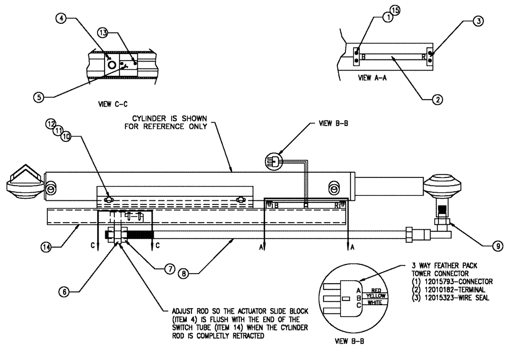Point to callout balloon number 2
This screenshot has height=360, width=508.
(436, 100)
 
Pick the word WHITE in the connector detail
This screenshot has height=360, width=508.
(375, 303)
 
